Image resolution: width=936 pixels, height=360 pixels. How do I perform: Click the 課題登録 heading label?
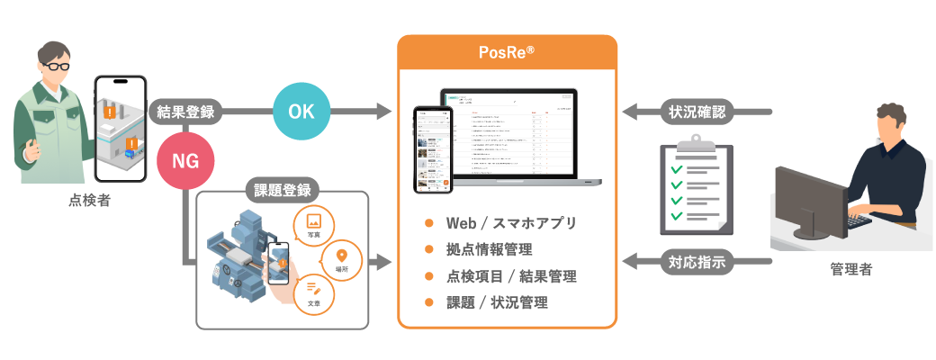click(281, 191)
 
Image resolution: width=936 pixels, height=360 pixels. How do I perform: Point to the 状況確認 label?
click(697, 112)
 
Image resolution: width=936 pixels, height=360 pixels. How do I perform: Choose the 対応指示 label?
click(697, 263)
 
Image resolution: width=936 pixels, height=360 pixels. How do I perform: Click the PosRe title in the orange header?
click(507, 52)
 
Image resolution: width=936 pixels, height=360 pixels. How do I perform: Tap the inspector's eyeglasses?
click(55, 67)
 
